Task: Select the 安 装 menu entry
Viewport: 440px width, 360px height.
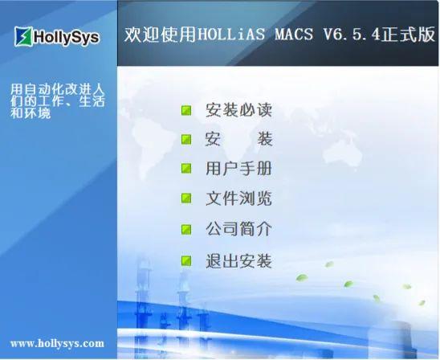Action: point(238,139)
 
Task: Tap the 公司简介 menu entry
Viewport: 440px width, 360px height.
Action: point(238,229)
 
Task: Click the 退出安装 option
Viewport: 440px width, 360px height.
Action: point(238,261)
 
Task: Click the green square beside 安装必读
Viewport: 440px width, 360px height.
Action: point(186,110)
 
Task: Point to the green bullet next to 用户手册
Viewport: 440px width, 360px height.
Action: point(186,169)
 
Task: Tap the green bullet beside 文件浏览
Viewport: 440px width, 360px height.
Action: point(186,198)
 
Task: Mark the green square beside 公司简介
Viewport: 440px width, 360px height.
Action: point(186,229)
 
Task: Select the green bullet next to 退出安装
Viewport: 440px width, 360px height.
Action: point(186,261)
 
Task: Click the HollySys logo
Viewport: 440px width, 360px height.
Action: point(57,36)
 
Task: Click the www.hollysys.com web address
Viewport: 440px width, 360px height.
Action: point(57,343)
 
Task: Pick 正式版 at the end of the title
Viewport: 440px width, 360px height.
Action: point(413,35)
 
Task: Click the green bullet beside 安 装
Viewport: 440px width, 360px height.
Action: point(186,139)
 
